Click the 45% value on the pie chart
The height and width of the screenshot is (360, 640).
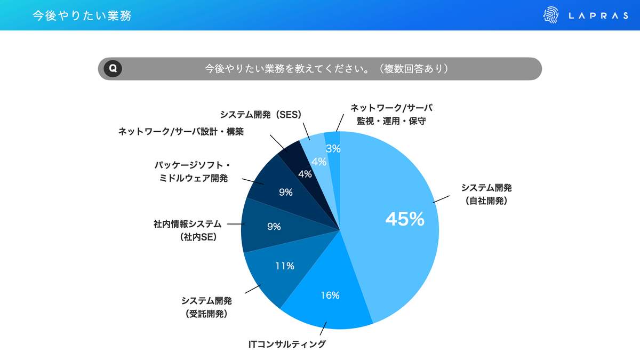coord(404,219)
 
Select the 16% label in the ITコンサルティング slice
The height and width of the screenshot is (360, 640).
coord(330,295)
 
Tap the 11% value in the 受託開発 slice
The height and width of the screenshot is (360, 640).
coord(285,266)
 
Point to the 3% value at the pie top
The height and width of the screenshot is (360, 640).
coord(333,149)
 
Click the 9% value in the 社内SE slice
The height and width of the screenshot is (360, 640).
coord(274,226)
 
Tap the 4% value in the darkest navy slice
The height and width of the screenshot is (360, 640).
coord(305,174)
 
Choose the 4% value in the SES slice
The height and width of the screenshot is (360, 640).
coord(319,162)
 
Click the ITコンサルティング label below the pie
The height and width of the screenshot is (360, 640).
coord(287,344)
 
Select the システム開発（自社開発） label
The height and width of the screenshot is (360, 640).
coord(486,194)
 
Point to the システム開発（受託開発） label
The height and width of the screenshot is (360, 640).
coord(206,307)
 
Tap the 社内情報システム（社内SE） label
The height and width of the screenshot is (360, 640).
coord(187,231)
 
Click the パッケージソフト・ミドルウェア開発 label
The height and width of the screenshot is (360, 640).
coord(191,171)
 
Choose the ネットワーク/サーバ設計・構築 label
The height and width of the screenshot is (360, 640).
coord(181,131)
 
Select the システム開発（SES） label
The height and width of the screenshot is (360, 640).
coord(261,115)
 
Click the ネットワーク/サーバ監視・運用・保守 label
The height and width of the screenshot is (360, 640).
coord(391,114)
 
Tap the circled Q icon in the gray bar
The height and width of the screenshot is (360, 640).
coord(113,69)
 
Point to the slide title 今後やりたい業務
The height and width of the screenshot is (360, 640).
coord(82,16)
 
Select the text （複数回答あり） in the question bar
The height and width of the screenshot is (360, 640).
coord(413,69)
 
